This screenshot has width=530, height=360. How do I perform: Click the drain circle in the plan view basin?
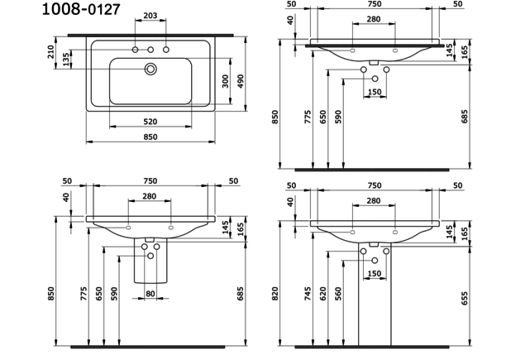(150, 70)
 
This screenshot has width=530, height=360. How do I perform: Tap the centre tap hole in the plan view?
(150, 51)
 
